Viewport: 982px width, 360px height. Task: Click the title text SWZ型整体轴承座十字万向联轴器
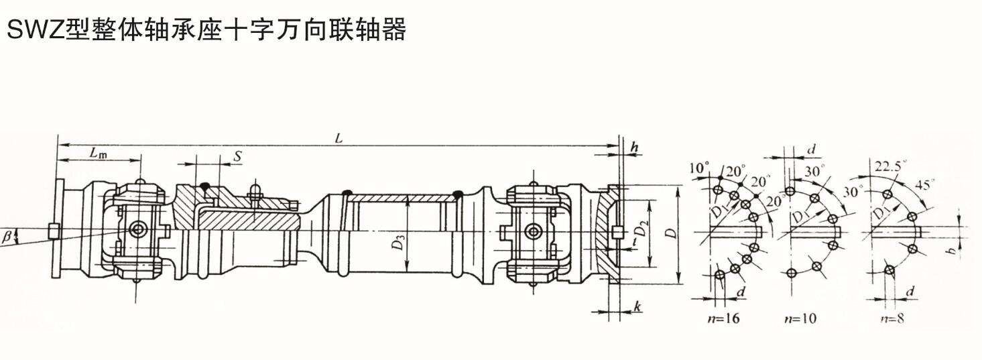click(205, 30)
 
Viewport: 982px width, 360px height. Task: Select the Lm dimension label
click(98, 154)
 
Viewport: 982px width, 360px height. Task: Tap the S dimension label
click(237, 156)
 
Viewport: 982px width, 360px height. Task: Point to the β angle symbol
click(7, 235)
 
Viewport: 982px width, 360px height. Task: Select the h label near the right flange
click(634, 147)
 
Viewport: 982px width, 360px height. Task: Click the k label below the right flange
click(637, 307)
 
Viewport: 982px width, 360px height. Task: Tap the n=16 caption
click(723, 318)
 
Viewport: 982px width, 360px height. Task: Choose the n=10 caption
click(800, 318)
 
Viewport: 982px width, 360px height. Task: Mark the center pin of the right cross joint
click(534, 232)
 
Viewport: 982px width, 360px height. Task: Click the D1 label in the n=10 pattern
click(800, 217)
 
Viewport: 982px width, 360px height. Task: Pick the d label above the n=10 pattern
click(811, 150)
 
